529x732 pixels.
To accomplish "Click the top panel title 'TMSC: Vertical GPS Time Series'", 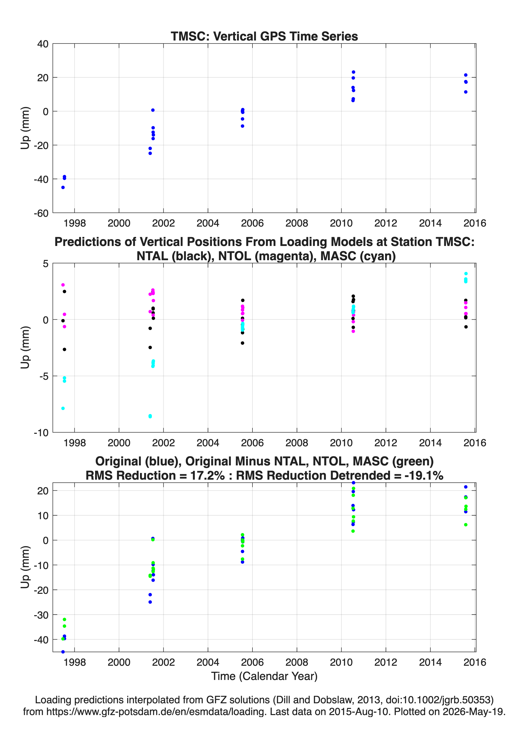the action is point(264,36).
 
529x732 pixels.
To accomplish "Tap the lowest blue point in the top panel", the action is point(63,188).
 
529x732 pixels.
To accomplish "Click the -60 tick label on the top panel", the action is point(41,213).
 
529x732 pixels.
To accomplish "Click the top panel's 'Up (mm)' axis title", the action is point(25,128).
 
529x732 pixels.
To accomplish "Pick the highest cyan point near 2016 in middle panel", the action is point(466,274).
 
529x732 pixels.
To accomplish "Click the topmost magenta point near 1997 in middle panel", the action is point(63,285).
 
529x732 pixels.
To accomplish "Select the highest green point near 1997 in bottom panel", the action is point(64,620).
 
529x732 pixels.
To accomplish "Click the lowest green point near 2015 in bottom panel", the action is point(466,525).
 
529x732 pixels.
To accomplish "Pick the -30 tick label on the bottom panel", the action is point(41,615).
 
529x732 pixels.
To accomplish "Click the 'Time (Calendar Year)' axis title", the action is point(264,677).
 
